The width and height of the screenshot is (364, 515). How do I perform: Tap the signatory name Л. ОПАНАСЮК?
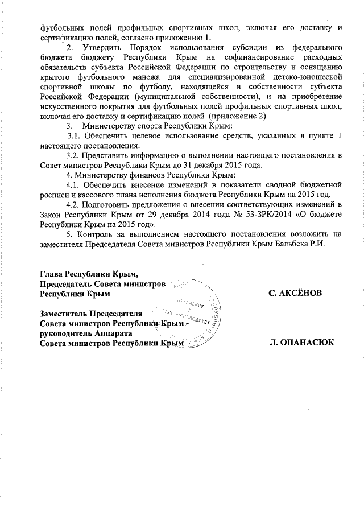tap(302, 343)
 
